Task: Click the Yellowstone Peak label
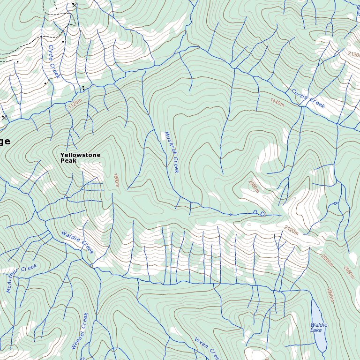click(80, 157)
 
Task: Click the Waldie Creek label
click(77, 242)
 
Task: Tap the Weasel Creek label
click(80, 331)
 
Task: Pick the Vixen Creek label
click(206, 347)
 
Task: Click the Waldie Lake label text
click(319, 327)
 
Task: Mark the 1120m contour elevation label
click(75, 104)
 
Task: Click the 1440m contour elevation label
click(277, 101)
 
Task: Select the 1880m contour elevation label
click(116, 180)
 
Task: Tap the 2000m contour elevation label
click(327, 260)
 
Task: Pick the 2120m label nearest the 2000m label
click(291, 230)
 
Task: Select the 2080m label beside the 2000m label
click(349, 272)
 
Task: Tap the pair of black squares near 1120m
click(83, 87)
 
